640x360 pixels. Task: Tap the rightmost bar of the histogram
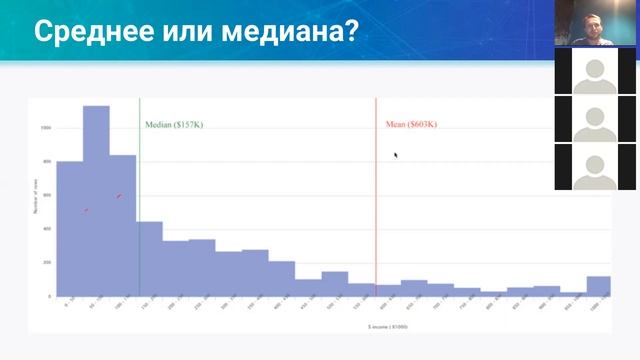(x=598, y=287)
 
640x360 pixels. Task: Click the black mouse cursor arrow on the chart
(x=396, y=155)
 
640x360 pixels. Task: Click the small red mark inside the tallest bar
(x=119, y=196)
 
